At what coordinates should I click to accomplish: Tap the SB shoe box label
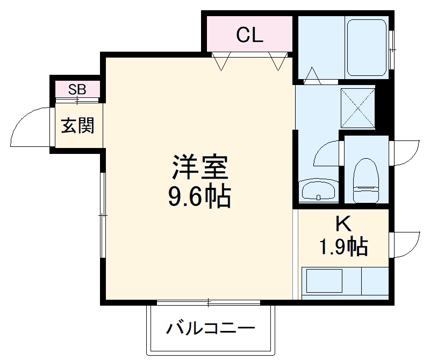click(x=77, y=89)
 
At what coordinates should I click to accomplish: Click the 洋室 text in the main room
click(x=200, y=169)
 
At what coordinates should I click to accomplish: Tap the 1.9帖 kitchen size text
click(x=343, y=246)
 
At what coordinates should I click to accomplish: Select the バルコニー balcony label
click(x=210, y=328)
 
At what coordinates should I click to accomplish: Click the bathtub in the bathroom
click(x=367, y=48)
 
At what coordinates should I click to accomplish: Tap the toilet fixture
click(x=367, y=178)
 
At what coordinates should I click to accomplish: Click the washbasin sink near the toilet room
click(x=319, y=190)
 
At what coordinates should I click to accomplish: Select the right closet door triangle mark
click(x=278, y=62)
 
